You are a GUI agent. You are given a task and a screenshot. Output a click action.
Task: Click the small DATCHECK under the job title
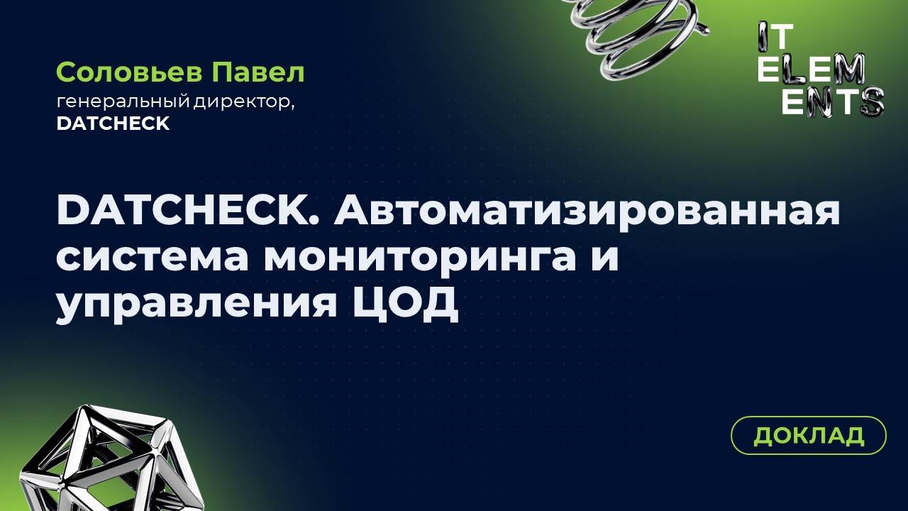click(x=113, y=123)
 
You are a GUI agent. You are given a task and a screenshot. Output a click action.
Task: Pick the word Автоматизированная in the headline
click(x=587, y=211)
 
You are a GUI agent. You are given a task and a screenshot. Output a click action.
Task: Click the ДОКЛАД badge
click(x=809, y=435)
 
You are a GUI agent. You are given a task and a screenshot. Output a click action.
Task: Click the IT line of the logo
click(x=775, y=35)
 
